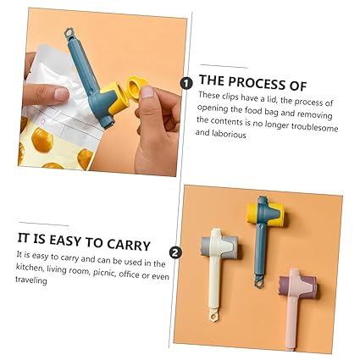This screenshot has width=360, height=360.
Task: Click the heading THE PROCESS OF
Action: pos(252,82)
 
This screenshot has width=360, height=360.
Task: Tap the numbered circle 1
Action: pos(186,82)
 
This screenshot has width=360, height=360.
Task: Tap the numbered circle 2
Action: pos(175,252)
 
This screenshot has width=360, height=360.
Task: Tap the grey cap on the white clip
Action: pos(207,247)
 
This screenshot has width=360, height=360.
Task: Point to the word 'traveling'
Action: pos(32,279)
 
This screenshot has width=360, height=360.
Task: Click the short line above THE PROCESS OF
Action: pos(224,66)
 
